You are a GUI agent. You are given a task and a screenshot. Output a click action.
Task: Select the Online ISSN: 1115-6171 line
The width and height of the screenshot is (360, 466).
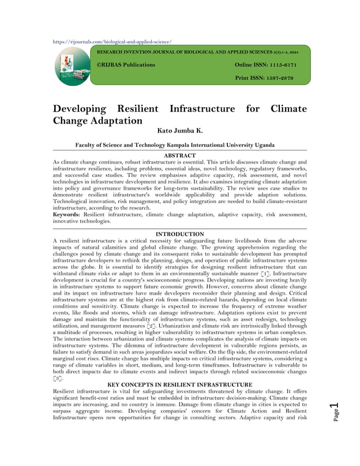265,65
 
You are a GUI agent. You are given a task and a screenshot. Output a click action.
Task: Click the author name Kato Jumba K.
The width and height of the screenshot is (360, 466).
179,130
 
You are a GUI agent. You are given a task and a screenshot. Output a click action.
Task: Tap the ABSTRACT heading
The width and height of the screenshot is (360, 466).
179,155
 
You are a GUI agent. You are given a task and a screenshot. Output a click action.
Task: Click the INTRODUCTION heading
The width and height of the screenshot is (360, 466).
179,234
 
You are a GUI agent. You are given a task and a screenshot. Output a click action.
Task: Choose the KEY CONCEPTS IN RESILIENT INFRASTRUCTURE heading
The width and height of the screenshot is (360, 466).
179,385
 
